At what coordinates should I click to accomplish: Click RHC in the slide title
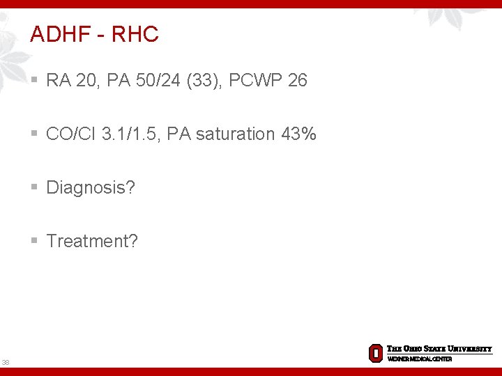(x=135, y=34)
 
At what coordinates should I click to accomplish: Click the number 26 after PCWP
(x=297, y=81)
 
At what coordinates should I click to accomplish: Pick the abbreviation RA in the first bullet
(x=57, y=81)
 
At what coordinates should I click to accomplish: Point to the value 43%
(x=298, y=134)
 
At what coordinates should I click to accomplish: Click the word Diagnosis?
(x=91, y=187)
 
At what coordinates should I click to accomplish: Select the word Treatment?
(x=92, y=241)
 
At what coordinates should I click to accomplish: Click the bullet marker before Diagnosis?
(x=35, y=187)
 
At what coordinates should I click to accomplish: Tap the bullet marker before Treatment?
(x=35, y=241)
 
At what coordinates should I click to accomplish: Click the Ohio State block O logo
(x=376, y=353)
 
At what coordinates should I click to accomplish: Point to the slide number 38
(x=6, y=362)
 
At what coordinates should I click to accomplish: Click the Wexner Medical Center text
(x=420, y=359)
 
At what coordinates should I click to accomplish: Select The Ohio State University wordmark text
(x=439, y=349)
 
